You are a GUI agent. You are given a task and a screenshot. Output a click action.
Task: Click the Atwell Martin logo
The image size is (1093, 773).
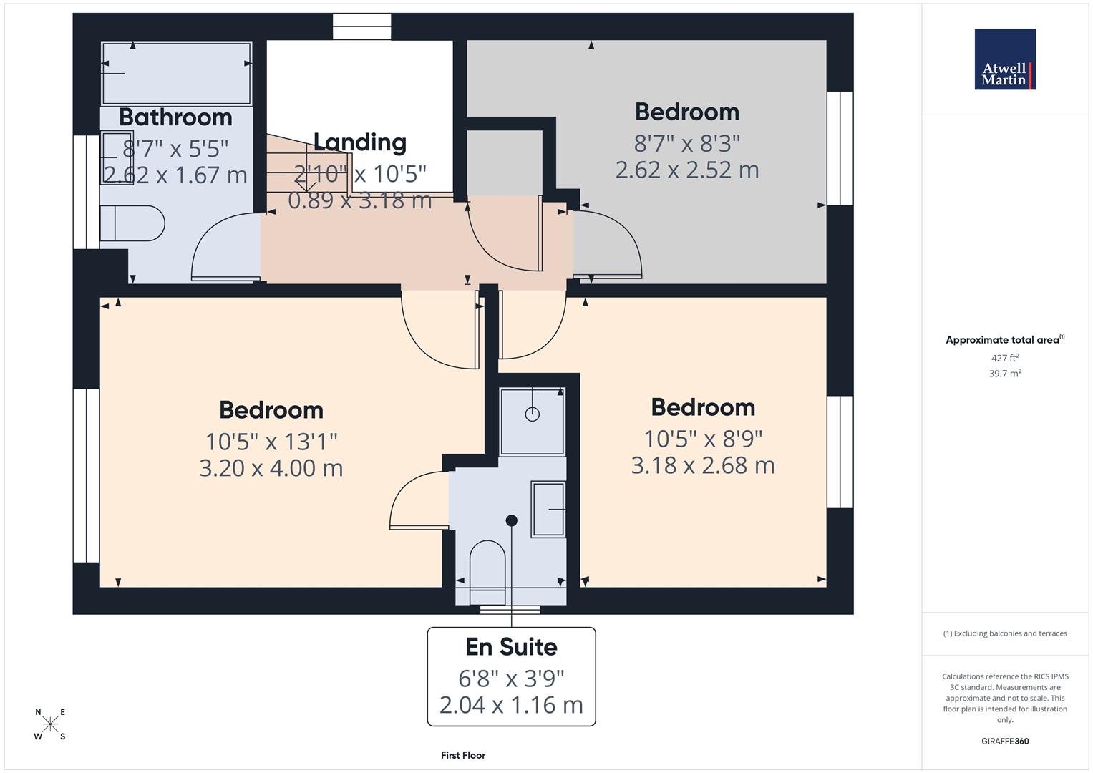tap(1005, 59)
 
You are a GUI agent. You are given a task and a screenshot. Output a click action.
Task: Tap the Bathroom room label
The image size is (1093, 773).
tap(175, 117)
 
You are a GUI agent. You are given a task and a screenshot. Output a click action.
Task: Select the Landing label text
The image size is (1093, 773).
tap(359, 142)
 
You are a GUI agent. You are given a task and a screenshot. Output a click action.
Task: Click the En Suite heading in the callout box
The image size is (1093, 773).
tap(511, 647)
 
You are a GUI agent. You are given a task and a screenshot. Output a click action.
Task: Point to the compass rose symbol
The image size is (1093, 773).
tap(50, 724)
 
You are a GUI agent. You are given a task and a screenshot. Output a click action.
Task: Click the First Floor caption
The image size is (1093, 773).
tap(463, 755)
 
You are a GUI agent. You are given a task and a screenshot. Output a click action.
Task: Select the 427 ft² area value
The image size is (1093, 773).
tap(1005, 358)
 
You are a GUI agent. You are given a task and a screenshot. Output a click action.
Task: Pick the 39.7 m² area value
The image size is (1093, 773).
tap(1005, 374)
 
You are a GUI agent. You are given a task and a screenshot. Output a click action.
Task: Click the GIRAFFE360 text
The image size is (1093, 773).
tap(1005, 741)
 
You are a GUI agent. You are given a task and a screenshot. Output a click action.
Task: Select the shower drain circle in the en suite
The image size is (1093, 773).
tap(532, 414)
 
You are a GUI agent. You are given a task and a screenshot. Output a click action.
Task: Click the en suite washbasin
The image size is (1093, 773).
tap(548, 509)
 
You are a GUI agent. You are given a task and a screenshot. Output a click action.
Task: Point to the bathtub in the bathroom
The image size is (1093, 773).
tap(176, 73)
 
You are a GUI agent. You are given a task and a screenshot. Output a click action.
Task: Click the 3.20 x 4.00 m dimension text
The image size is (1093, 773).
tap(271, 468)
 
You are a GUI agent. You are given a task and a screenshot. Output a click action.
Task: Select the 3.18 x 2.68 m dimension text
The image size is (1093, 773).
tap(703, 466)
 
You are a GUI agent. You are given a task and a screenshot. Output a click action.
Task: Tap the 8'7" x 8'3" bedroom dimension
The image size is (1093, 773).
tap(687, 144)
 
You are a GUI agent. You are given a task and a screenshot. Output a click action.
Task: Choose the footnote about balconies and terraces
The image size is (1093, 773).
tap(1005, 633)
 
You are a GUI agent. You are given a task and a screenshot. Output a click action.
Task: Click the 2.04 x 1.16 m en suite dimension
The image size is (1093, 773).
tap(511, 705)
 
